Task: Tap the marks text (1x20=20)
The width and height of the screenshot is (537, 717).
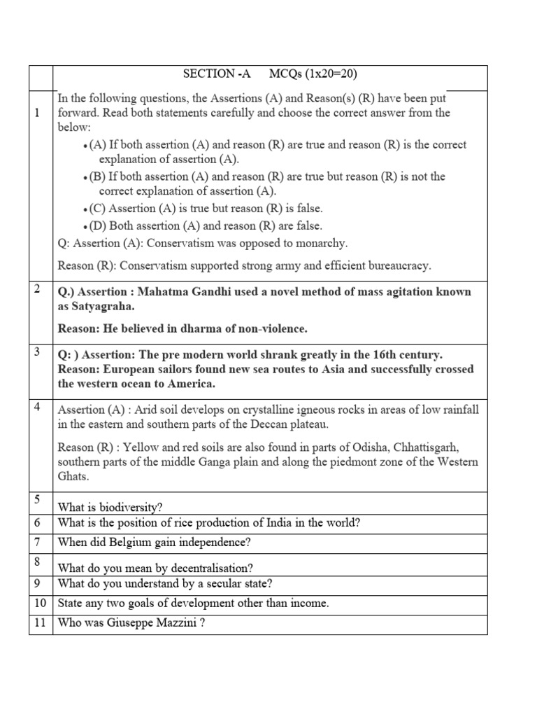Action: pos(324,74)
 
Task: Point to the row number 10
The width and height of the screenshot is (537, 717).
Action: pos(40,603)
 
